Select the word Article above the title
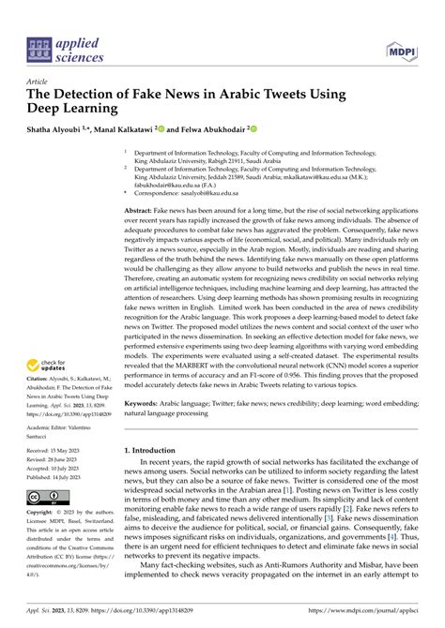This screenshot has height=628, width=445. pos(39,82)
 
